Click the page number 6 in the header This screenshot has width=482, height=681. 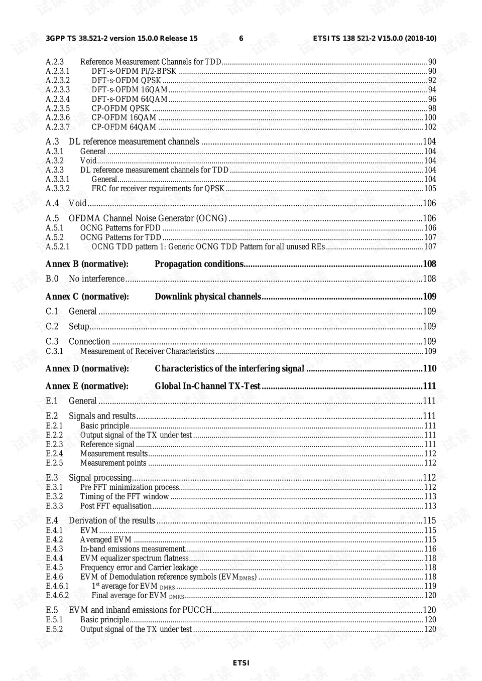[x=241, y=38]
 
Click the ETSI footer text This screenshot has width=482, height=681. [x=241, y=663]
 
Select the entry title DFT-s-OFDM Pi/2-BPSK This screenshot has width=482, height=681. [x=134, y=71]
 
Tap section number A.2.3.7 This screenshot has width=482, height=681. [x=58, y=127]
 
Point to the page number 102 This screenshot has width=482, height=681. [x=430, y=127]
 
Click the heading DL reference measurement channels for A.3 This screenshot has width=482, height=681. [x=134, y=142]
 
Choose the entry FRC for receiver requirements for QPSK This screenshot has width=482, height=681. [x=158, y=189]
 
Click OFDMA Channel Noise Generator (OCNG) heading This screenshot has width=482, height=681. [x=148, y=218]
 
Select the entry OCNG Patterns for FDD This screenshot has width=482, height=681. [x=120, y=228]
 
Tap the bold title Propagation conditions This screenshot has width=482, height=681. [x=199, y=264]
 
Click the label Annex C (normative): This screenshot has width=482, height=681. [x=87, y=297]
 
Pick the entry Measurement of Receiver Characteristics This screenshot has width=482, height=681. [x=147, y=351]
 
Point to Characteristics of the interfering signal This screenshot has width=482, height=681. [x=229, y=368]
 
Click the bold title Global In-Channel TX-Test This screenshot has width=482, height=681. [x=207, y=386]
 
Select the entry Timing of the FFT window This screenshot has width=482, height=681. [x=125, y=497]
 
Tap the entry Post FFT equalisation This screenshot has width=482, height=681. [x=116, y=506]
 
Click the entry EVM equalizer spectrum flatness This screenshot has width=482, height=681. [x=134, y=558]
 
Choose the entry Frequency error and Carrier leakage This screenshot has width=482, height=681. [x=139, y=568]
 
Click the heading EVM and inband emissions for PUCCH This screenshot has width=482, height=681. [x=140, y=610]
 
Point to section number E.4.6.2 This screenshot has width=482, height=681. [x=57, y=595]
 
